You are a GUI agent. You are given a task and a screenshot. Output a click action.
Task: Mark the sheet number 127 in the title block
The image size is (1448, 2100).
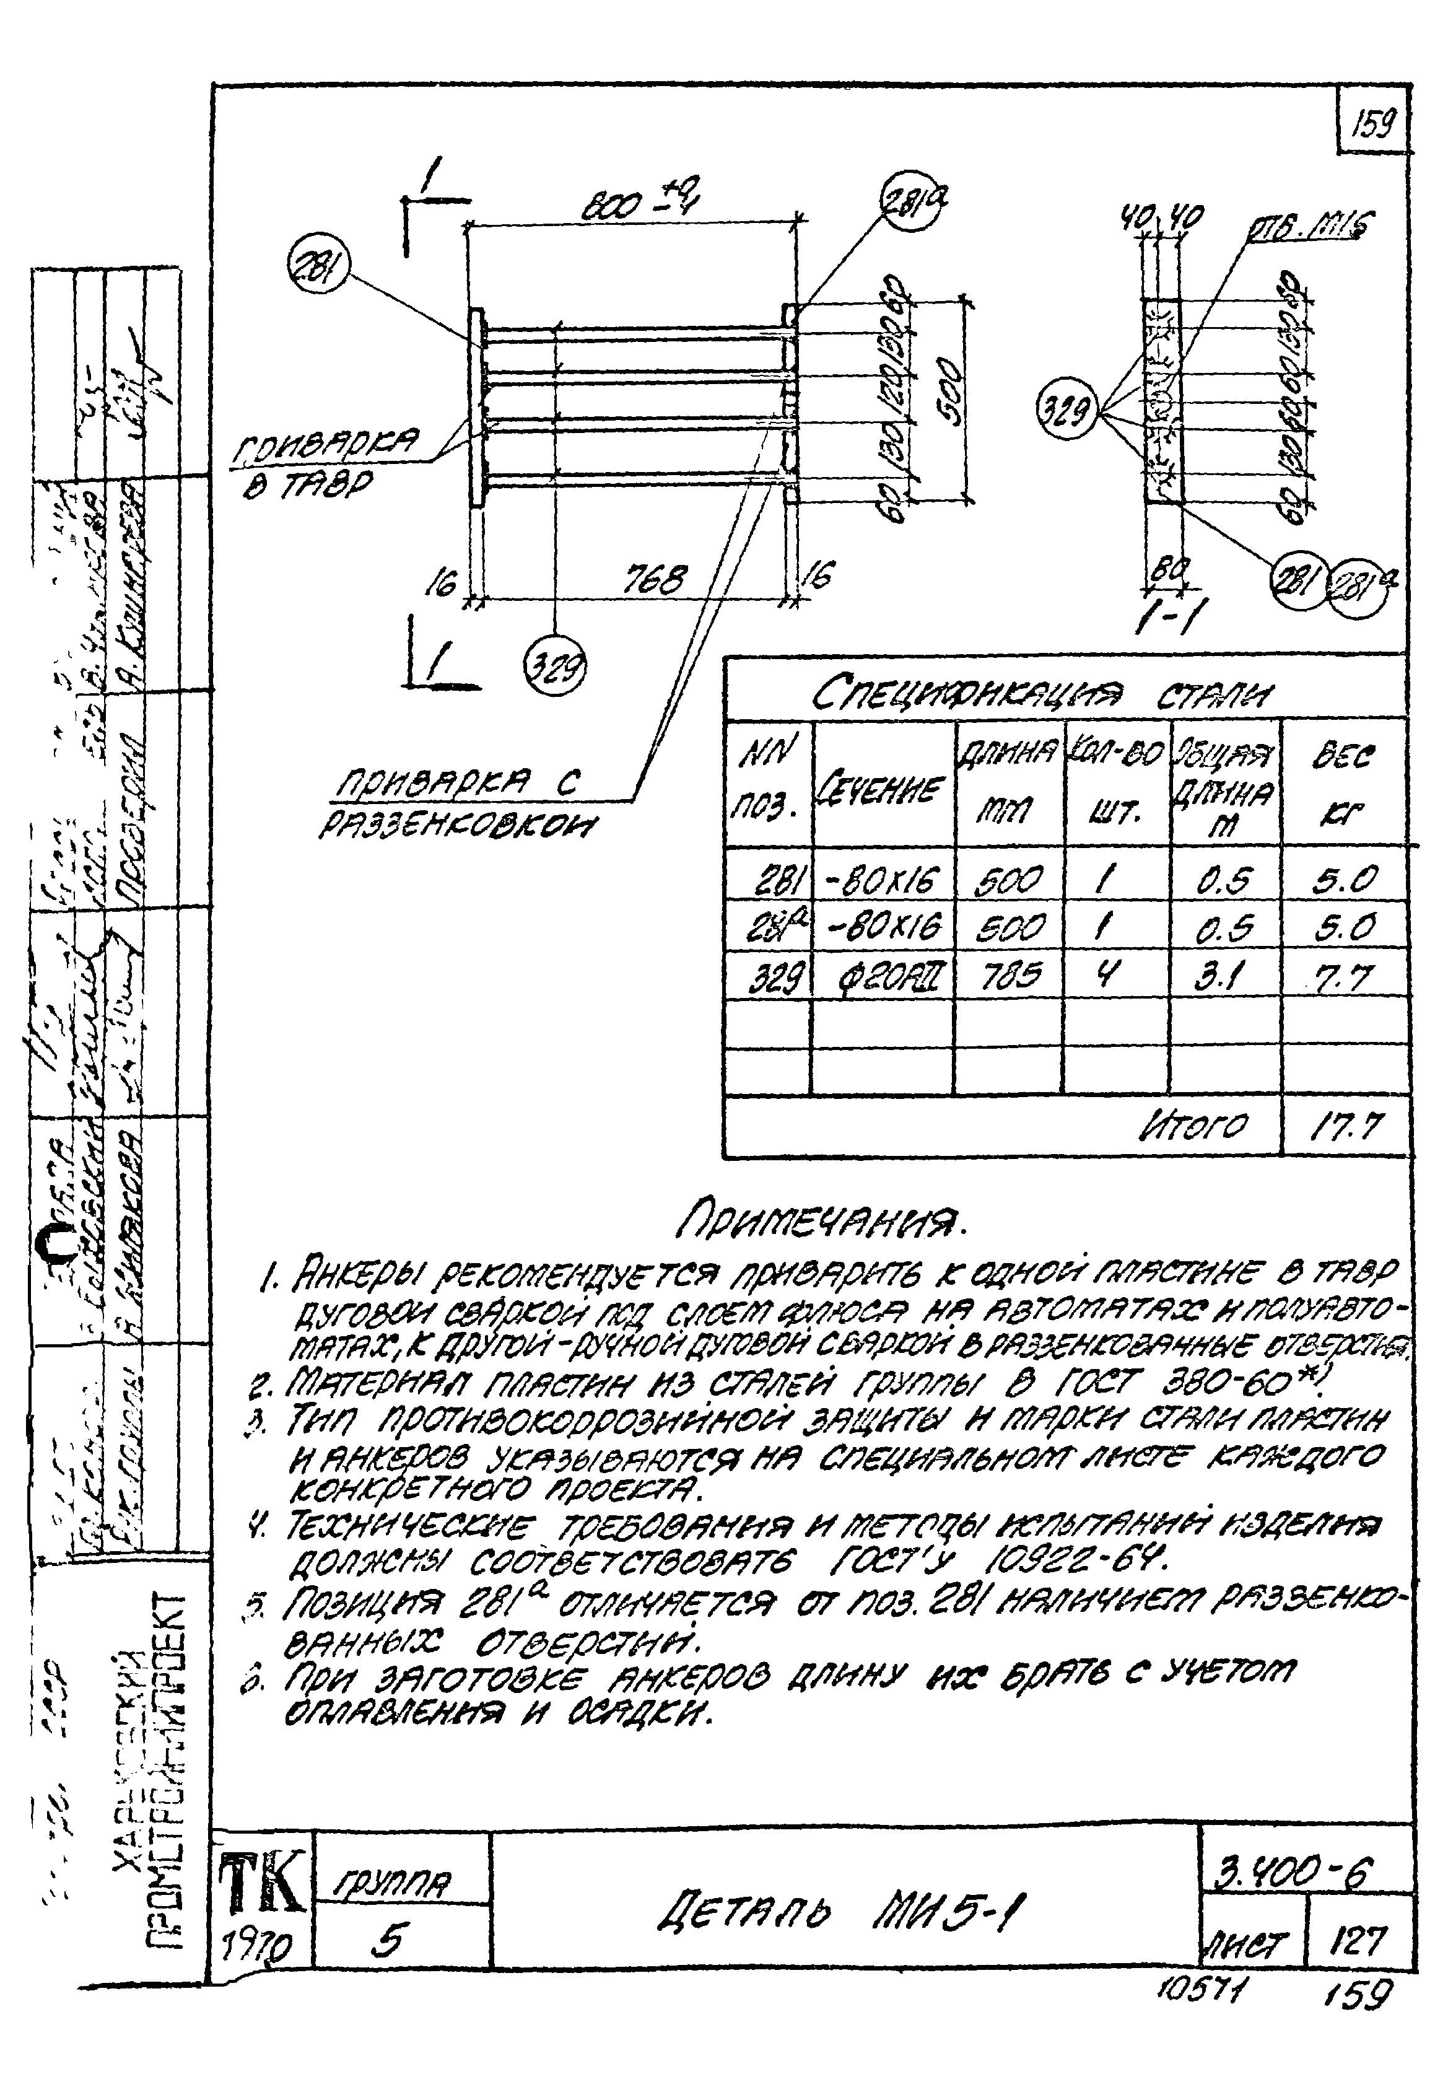pyautogui.click(x=1358, y=1941)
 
